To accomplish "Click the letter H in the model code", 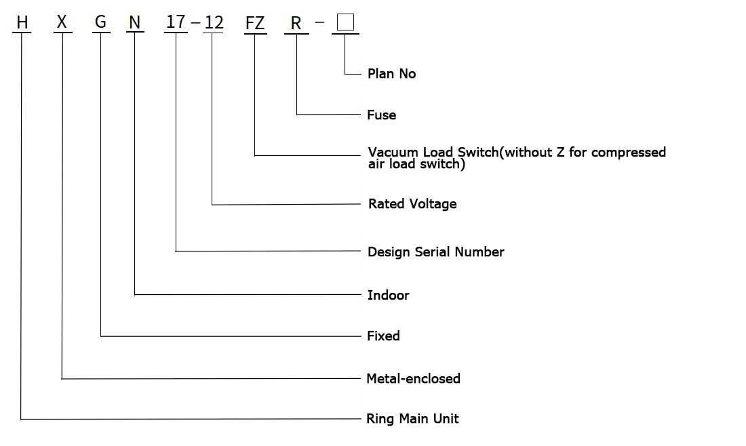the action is pyautogui.click(x=22, y=22).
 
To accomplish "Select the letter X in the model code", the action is pyautogui.click(x=62, y=22).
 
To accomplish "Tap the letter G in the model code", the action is pyautogui.click(x=100, y=22).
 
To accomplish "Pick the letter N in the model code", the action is pyautogui.click(x=135, y=22).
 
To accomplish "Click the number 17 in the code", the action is pyautogui.click(x=176, y=22).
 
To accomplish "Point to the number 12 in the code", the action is pyautogui.click(x=214, y=22).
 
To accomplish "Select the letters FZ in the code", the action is pyautogui.click(x=254, y=23).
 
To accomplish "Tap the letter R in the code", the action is pyautogui.click(x=296, y=23).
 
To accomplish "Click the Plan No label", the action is pyautogui.click(x=391, y=74).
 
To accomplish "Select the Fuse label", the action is pyautogui.click(x=382, y=115).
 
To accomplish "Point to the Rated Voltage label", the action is pyautogui.click(x=412, y=204).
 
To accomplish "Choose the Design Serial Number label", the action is pyautogui.click(x=436, y=251).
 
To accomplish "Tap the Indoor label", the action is pyautogui.click(x=388, y=296).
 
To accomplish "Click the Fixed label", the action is pyautogui.click(x=383, y=336).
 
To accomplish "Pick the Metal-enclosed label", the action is pyautogui.click(x=414, y=378).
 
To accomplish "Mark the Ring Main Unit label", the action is pyautogui.click(x=412, y=419).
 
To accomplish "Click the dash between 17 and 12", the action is pyautogui.click(x=195, y=23).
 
